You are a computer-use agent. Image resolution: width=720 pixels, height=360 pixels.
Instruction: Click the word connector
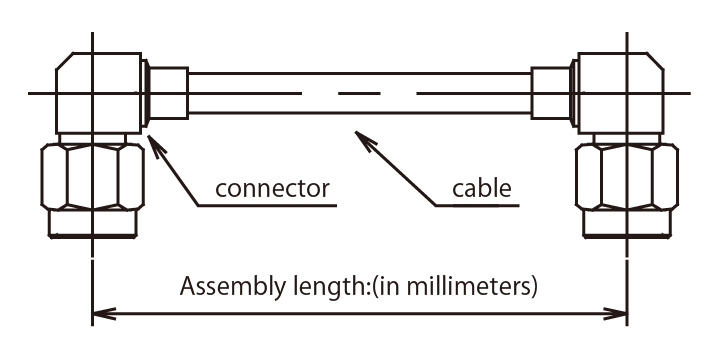(x=272, y=189)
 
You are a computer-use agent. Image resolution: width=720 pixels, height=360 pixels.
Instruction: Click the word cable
(x=482, y=188)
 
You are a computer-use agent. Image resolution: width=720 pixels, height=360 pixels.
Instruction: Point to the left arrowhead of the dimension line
(x=104, y=314)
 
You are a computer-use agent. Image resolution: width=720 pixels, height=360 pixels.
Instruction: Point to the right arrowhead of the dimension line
(x=615, y=314)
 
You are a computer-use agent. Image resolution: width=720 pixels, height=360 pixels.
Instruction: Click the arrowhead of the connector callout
(x=155, y=145)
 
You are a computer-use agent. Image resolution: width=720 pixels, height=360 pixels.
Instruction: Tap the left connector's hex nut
(x=93, y=177)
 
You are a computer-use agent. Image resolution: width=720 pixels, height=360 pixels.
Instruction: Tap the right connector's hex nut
(x=627, y=177)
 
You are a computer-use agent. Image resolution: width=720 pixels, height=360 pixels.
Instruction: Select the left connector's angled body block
(x=98, y=93)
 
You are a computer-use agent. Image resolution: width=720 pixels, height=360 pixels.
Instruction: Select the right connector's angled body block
(x=621, y=93)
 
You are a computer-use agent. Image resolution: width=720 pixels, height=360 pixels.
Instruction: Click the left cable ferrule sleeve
(x=169, y=93)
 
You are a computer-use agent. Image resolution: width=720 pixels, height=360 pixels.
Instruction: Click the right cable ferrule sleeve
(x=550, y=93)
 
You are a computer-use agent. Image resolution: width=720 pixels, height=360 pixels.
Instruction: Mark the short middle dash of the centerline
(x=359, y=94)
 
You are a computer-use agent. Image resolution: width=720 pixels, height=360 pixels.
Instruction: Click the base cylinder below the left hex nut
(x=93, y=224)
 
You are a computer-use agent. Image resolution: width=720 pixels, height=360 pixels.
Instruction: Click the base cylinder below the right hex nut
(x=627, y=224)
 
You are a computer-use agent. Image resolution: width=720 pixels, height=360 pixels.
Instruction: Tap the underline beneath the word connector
(x=267, y=205)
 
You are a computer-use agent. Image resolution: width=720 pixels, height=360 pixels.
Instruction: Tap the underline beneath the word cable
(x=477, y=205)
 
